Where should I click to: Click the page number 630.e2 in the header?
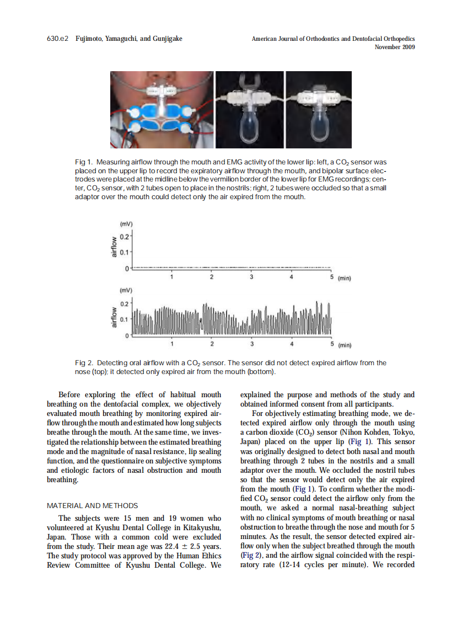coord(57,39)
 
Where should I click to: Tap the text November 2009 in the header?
coord(394,47)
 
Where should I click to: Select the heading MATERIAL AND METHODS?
coord(93,505)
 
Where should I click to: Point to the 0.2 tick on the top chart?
coord(126,237)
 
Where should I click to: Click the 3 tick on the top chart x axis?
coord(252,277)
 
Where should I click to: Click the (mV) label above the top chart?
coord(126,224)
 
